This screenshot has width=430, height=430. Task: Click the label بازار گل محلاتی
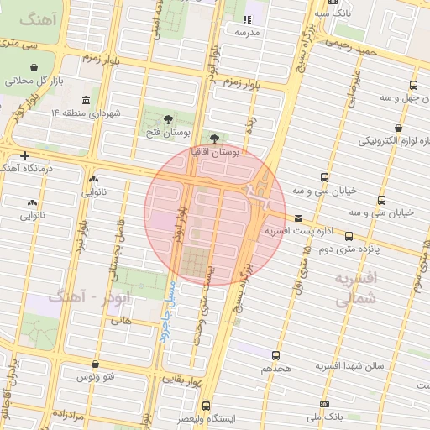34,81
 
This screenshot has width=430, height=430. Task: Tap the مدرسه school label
247,33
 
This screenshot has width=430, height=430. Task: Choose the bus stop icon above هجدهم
277,356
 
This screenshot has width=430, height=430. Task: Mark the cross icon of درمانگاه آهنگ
26,156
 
